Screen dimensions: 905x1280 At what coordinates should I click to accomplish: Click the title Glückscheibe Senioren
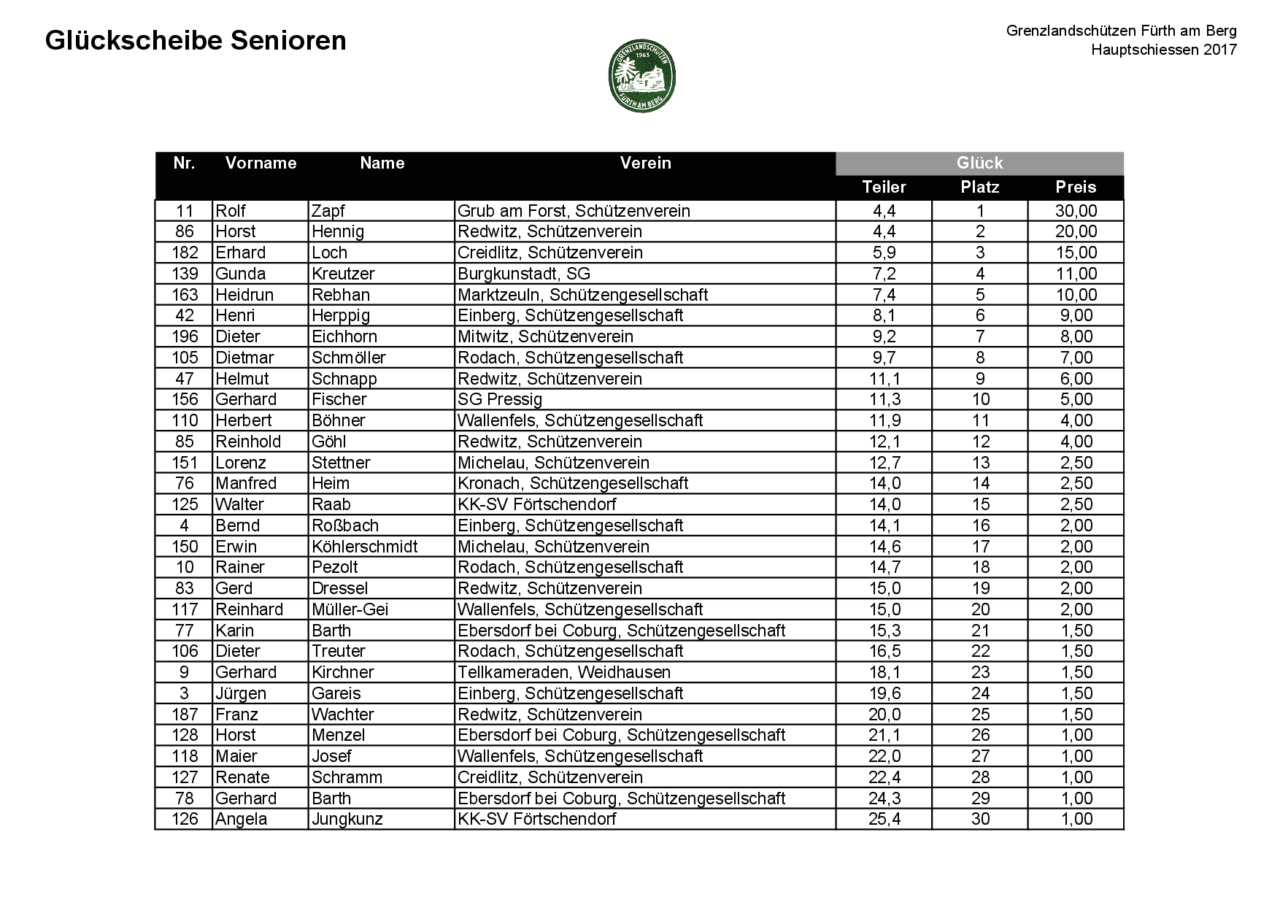click(x=196, y=41)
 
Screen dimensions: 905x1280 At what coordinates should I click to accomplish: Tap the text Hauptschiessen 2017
click(x=1163, y=50)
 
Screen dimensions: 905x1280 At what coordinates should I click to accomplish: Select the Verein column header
click(x=645, y=163)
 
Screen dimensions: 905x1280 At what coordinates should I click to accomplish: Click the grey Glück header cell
click(x=979, y=163)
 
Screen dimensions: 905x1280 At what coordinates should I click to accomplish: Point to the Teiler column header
click(x=884, y=187)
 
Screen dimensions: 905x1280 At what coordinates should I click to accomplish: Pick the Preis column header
click(x=1076, y=187)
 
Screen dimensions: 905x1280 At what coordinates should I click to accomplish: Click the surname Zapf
click(x=328, y=211)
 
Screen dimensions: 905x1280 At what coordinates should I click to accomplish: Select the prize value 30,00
click(x=1076, y=211)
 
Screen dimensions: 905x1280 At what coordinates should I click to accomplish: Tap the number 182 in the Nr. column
click(x=185, y=253)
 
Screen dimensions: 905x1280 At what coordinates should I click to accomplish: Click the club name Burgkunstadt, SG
click(x=524, y=274)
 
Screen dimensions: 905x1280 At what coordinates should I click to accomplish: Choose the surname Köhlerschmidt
click(x=364, y=547)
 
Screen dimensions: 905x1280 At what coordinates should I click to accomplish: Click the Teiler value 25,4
click(x=884, y=819)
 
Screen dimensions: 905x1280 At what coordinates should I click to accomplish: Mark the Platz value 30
click(x=980, y=819)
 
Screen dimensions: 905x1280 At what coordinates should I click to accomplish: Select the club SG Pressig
click(x=500, y=399)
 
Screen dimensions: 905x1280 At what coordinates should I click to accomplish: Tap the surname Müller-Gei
click(x=350, y=609)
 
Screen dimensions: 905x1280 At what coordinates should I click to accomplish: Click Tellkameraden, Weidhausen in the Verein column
click(x=563, y=672)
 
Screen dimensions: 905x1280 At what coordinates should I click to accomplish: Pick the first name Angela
click(x=242, y=819)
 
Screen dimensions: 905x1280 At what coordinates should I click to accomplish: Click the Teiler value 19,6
click(x=884, y=693)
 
